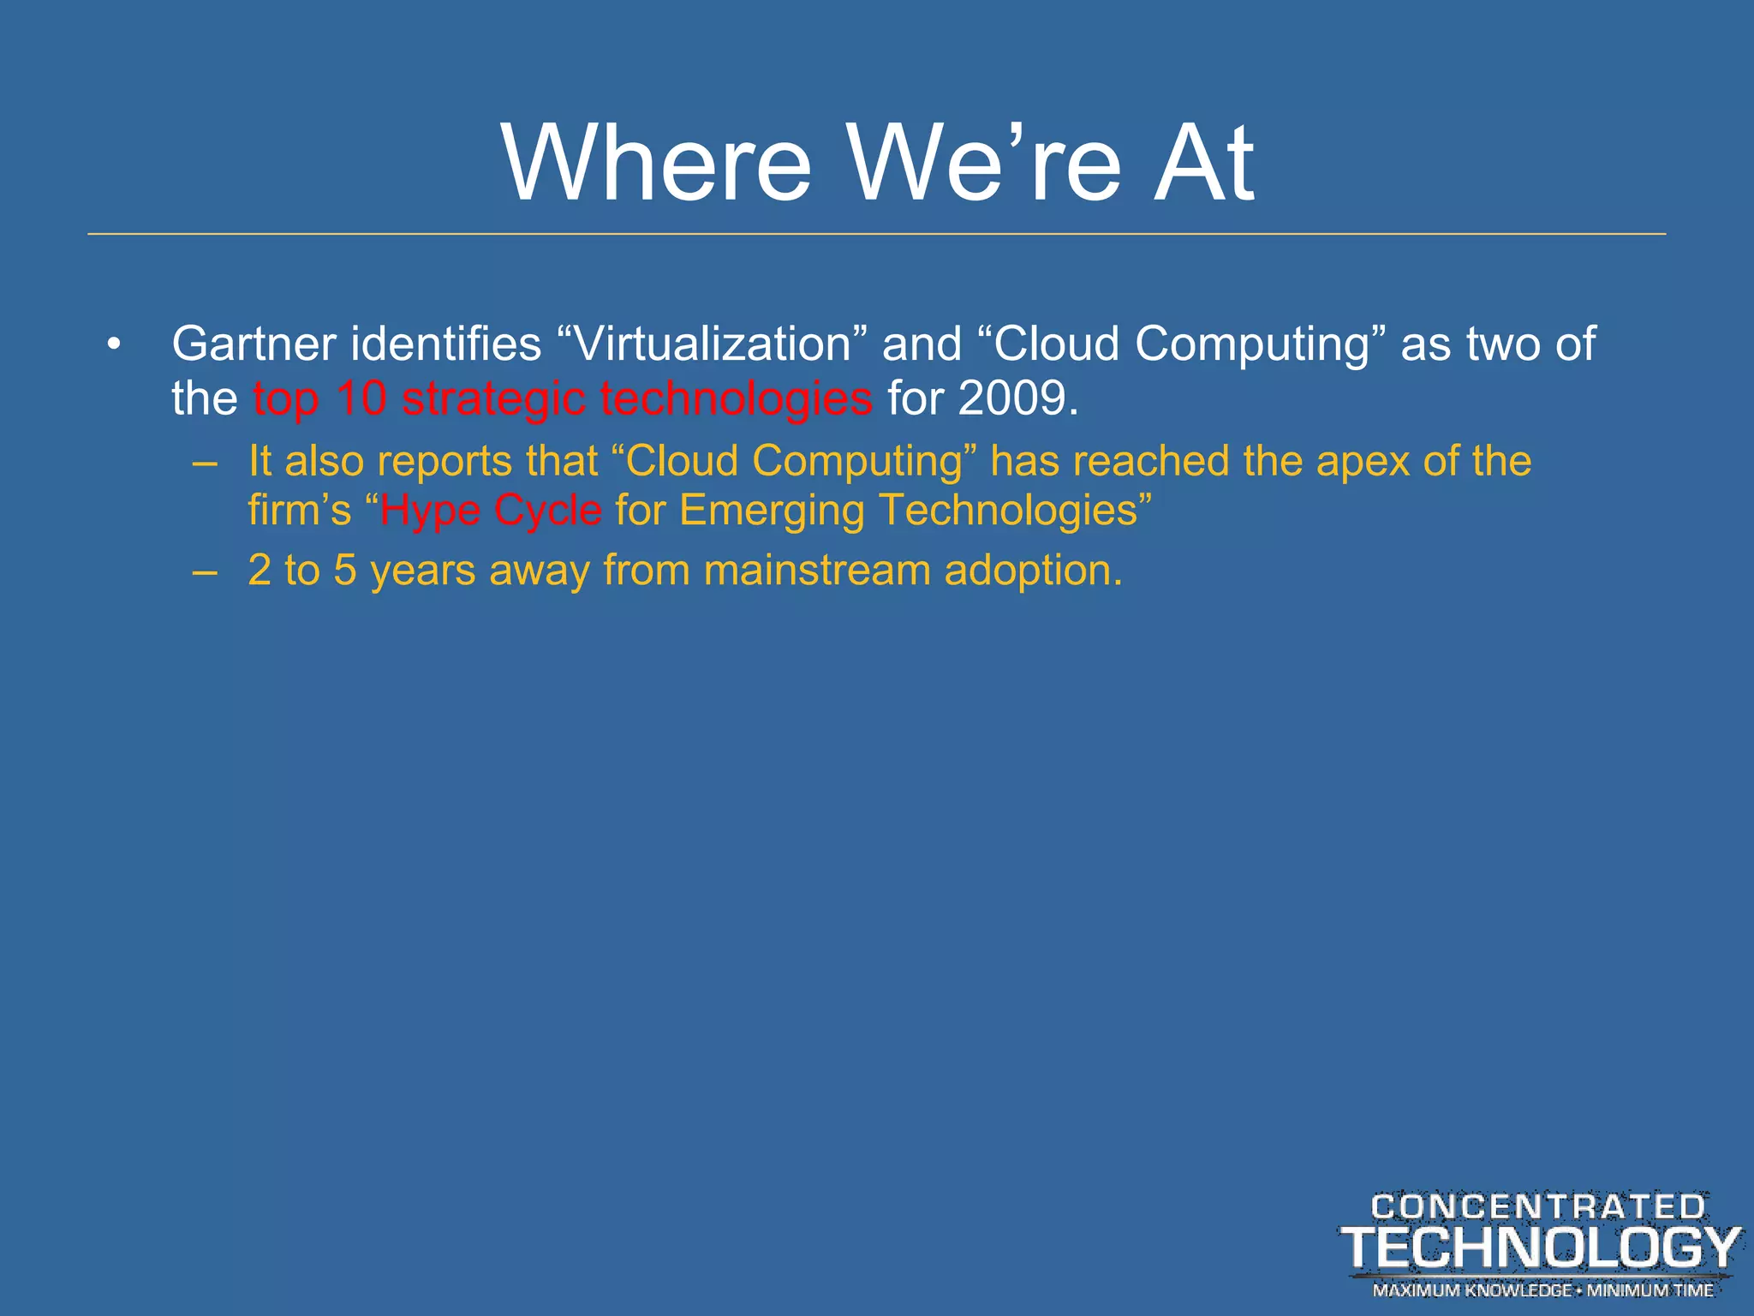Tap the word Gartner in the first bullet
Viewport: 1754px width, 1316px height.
[x=254, y=344]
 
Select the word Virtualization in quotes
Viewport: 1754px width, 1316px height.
[x=712, y=344]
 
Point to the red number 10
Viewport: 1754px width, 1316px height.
[x=361, y=398]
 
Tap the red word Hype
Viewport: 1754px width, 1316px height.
[x=430, y=511]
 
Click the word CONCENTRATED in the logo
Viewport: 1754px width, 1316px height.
[x=1538, y=1207]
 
